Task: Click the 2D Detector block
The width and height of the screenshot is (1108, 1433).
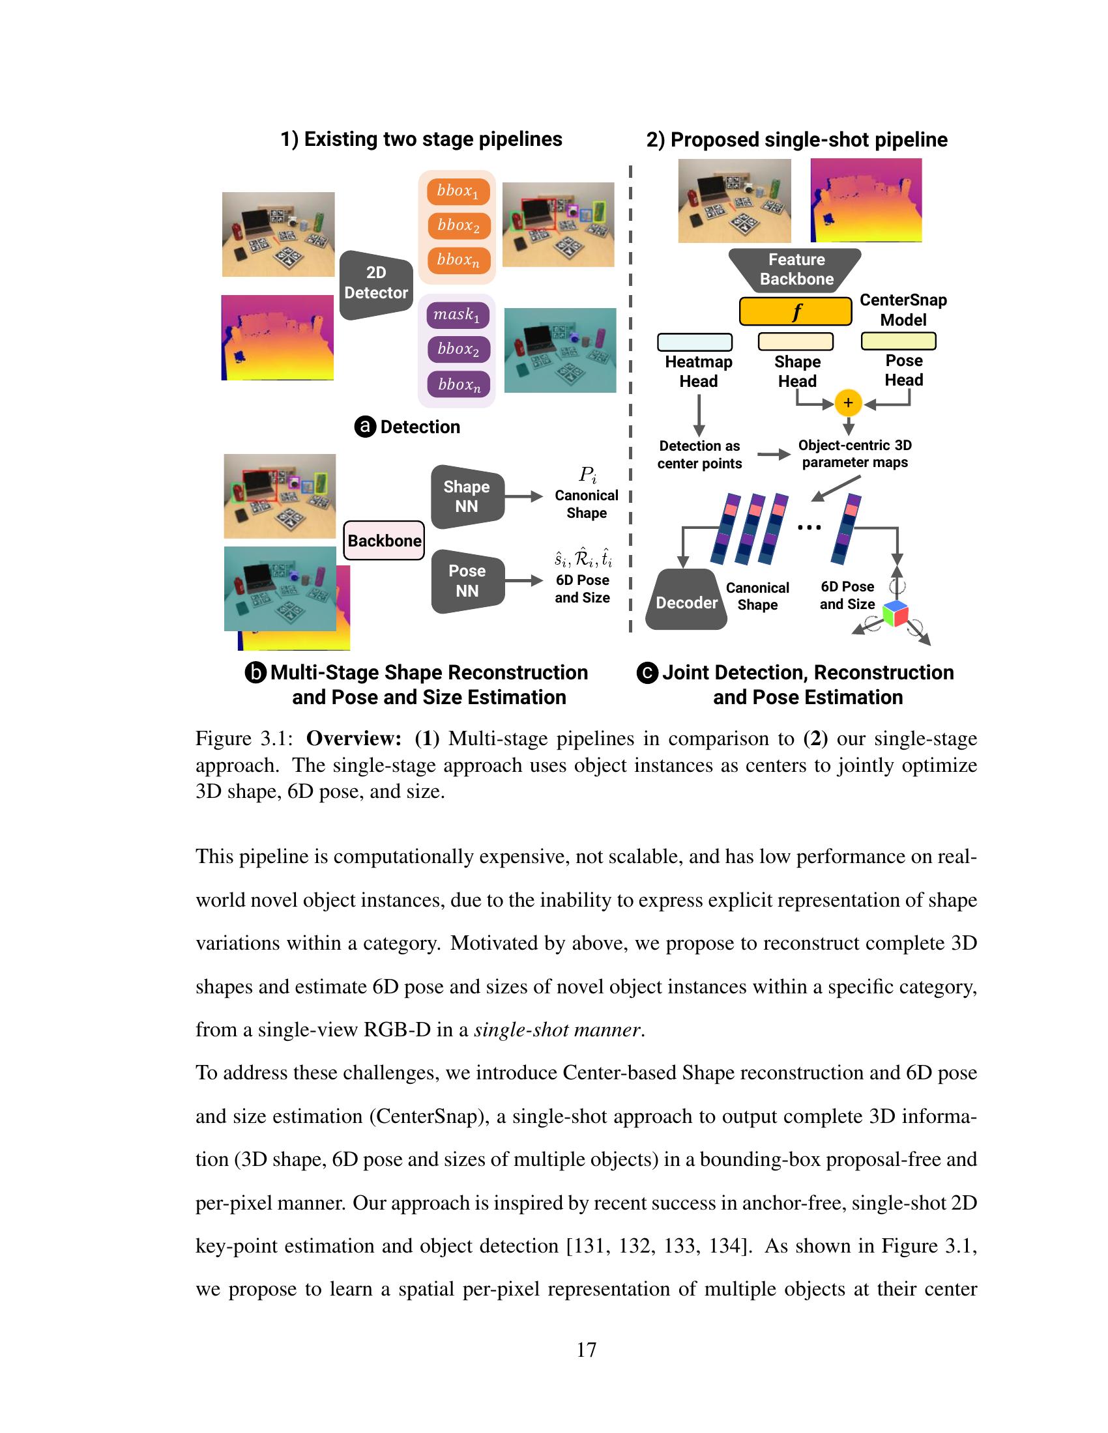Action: point(375,283)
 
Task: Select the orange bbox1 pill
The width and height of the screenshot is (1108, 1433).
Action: point(458,191)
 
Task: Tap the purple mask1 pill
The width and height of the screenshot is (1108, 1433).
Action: point(457,315)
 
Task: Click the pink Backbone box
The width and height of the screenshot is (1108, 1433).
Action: point(384,540)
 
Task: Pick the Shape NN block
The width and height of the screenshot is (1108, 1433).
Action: point(467,497)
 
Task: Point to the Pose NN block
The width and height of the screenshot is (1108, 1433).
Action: point(467,580)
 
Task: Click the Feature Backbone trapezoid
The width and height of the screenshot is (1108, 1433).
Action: point(796,269)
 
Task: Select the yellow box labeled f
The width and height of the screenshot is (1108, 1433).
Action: point(796,311)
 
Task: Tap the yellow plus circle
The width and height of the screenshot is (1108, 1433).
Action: point(847,403)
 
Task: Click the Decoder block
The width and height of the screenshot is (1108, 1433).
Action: point(686,601)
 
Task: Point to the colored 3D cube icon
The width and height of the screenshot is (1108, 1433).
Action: point(896,614)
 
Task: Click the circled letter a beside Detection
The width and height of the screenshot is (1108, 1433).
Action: point(365,427)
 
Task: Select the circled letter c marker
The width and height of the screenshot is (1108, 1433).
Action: point(647,674)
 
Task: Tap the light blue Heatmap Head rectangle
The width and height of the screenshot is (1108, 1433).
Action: point(695,342)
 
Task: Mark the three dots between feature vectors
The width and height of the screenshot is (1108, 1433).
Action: point(809,527)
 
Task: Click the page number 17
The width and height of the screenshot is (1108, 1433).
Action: point(586,1349)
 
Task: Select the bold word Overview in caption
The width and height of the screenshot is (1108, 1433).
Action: point(353,739)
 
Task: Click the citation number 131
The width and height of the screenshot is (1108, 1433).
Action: point(585,1245)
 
